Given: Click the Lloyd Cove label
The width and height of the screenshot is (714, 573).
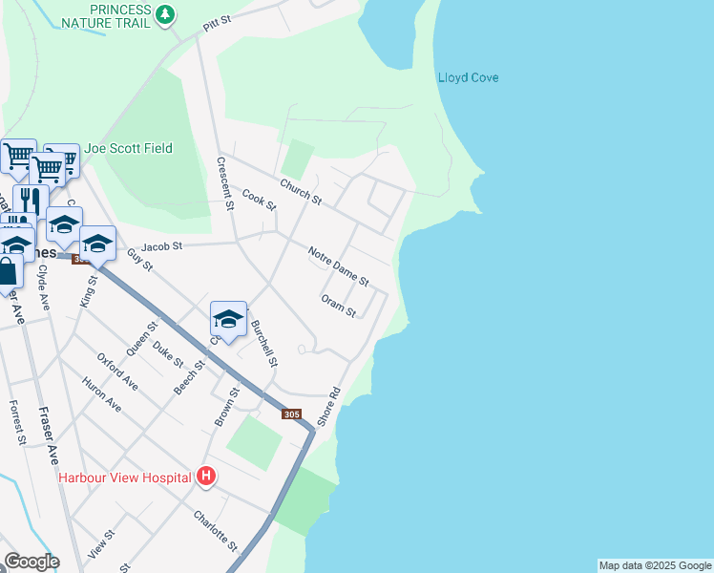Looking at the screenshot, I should click(468, 78).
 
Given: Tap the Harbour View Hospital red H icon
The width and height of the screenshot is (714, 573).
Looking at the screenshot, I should click(204, 476).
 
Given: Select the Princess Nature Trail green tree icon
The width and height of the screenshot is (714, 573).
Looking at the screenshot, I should click(166, 13).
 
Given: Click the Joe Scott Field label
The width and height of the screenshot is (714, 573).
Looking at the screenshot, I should click(128, 149).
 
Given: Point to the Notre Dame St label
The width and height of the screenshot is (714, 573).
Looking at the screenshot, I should click(338, 266).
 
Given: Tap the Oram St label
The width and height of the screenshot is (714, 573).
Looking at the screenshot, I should click(339, 306).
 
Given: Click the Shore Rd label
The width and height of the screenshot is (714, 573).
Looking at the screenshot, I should click(329, 406).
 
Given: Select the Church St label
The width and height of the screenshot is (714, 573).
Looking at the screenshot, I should click(301, 192).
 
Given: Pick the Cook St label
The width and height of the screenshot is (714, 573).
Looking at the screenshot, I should click(258, 201).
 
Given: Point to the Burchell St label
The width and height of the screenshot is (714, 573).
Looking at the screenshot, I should click(264, 343).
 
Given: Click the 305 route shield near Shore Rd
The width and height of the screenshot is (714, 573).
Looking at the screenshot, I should click(294, 414).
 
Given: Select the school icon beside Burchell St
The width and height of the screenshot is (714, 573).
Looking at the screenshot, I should click(228, 319).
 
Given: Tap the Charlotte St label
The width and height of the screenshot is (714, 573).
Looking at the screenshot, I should click(215, 530).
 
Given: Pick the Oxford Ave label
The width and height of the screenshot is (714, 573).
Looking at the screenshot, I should click(117, 371).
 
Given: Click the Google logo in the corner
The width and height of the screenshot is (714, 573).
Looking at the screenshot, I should click(31, 562).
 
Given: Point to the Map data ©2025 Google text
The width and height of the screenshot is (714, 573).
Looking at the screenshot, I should click(655, 565).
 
